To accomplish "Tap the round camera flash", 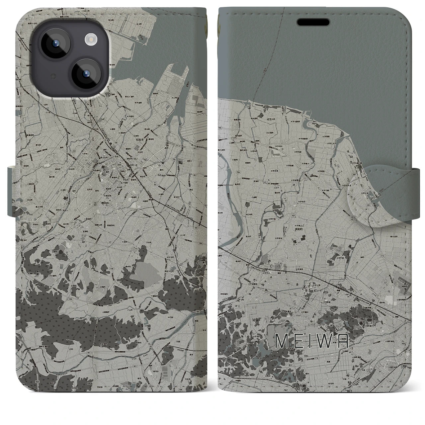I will click(90, 40).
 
